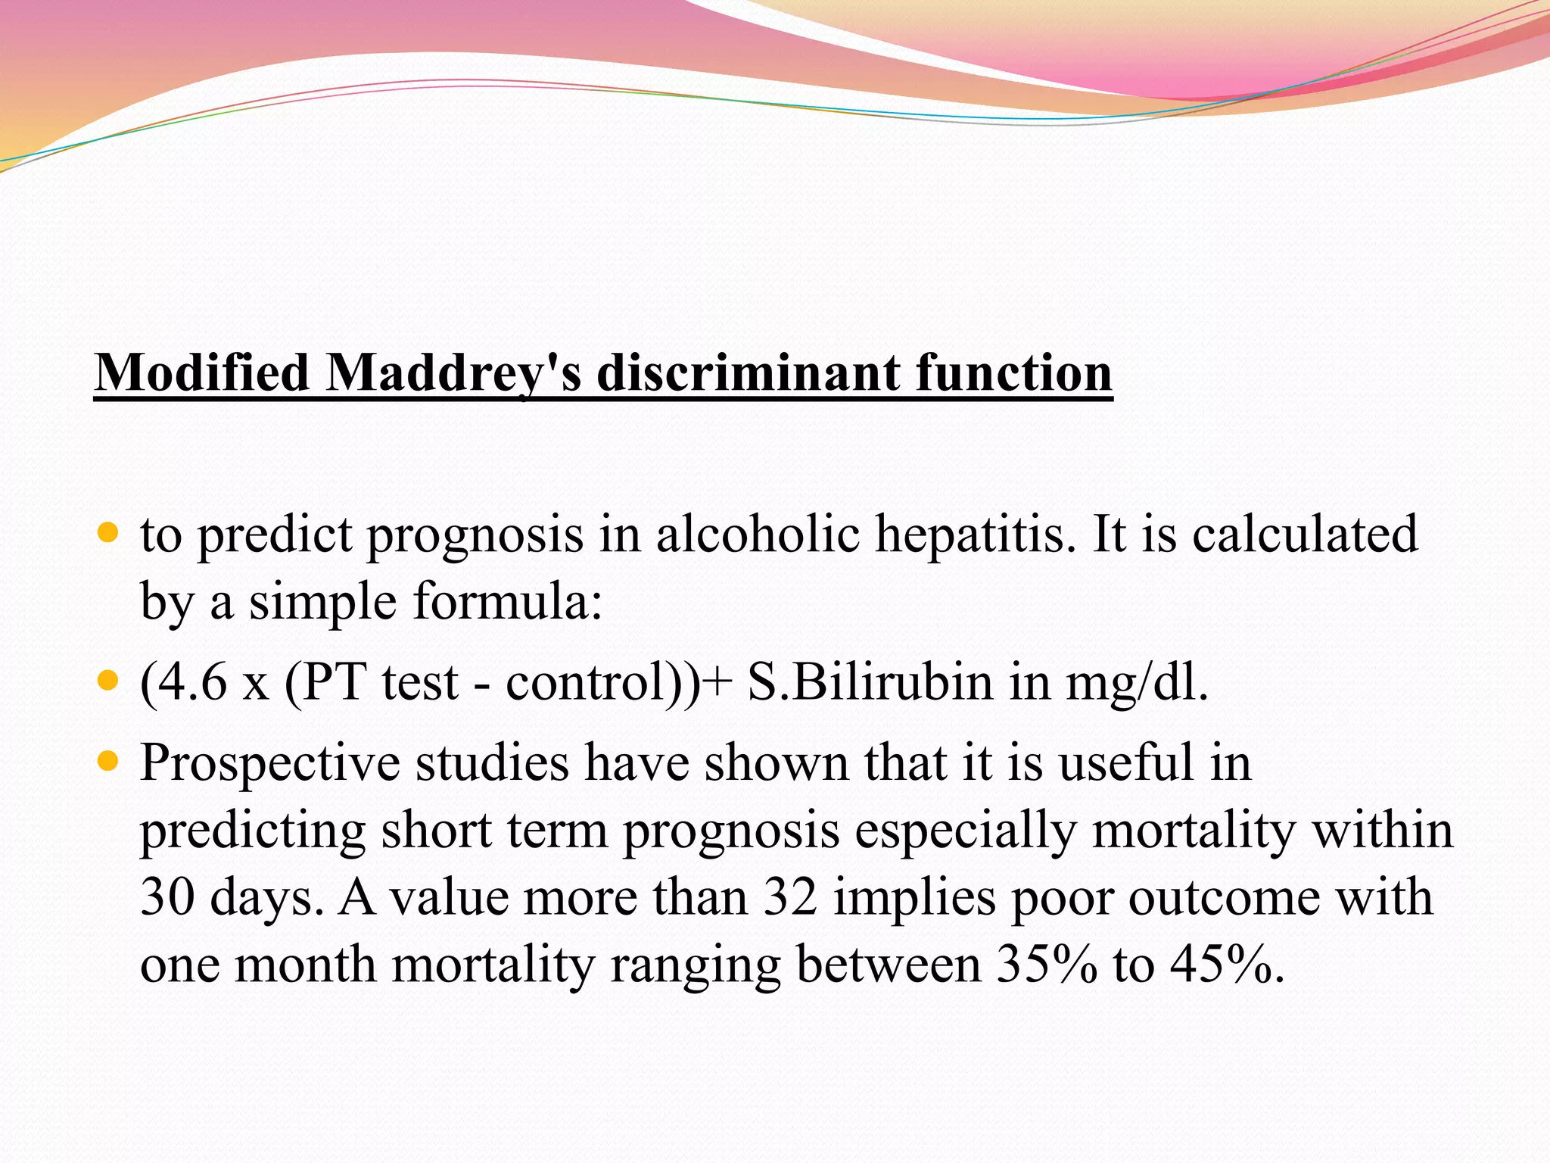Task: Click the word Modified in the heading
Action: [202, 373]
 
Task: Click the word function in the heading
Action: [1014, 373]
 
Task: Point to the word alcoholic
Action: [758, 534]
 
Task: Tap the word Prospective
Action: [269, 763]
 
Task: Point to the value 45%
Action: [1226, 965]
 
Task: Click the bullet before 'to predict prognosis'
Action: [109, 533]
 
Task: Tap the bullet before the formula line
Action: [109, 681]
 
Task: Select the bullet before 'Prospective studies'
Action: [109, 761]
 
